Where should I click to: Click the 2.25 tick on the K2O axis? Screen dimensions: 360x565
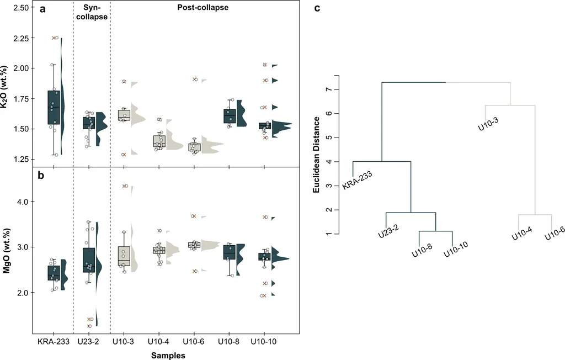tap(20, 38)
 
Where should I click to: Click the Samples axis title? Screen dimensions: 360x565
tap(168, 356)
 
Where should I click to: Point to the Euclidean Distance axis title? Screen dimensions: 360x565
tap(316, 154)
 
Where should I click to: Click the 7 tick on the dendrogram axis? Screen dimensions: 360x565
tap(328, 89)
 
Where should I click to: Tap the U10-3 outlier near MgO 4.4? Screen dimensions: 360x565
tap(124, 186)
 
